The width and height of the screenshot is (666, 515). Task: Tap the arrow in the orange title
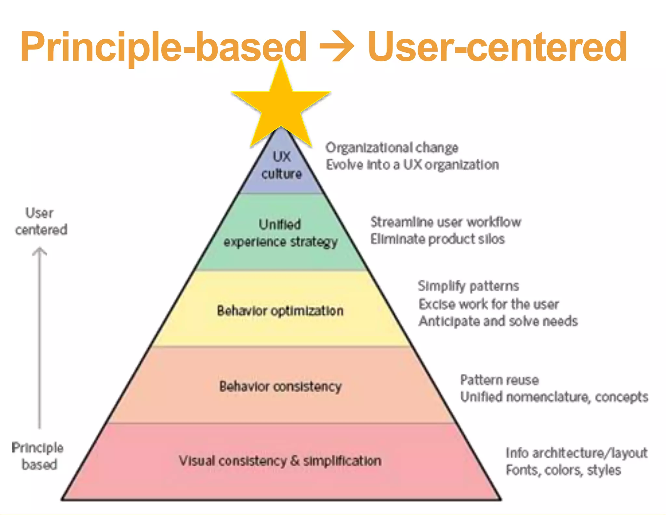point(337,46)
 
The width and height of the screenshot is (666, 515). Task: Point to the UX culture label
point(282,165)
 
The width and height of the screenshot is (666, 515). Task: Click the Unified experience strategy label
point(280,233)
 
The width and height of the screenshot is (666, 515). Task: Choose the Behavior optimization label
point(280,311)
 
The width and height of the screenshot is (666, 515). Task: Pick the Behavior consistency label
point(280,386)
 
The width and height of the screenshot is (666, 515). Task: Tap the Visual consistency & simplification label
point(280,461)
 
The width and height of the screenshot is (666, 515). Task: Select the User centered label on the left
point(41,222)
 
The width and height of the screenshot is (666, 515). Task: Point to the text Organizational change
point(392,148)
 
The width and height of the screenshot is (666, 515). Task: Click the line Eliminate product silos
point(437,239)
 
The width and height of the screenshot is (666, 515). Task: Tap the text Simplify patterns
point(468,286)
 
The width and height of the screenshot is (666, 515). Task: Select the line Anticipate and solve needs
point(498,321)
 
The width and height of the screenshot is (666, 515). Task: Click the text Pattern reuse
point(499,380)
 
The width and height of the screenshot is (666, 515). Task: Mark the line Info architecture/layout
point(577,453)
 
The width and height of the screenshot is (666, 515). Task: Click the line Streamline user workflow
point(446,222)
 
